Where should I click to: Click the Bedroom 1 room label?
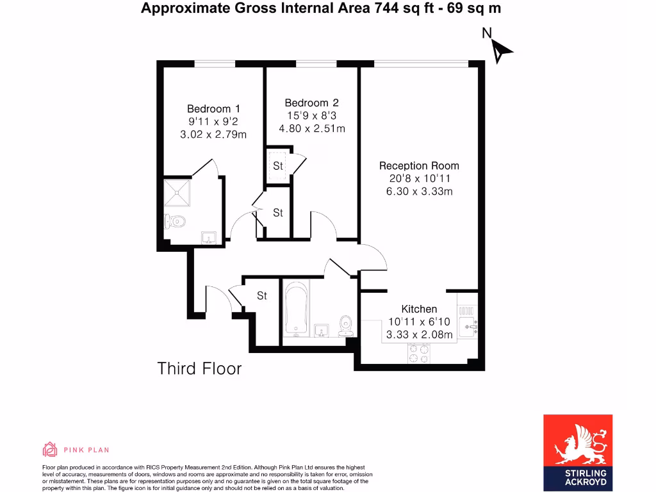click(213, 109)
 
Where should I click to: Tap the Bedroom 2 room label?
click(311, 103)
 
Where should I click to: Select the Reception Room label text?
click(419, 166)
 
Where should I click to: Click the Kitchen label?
click(419, 309)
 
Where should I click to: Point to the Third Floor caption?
click(200, 369)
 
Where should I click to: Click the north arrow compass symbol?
click(499, 49)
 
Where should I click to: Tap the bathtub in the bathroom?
click(297, 310)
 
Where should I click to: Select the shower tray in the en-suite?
click(177, 192)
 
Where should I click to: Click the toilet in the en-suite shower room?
click(175, 222)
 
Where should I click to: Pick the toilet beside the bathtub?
click(347, 325)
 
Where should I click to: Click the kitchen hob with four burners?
click(419, 353)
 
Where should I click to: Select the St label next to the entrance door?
click(262, 296)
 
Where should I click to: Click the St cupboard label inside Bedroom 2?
click(278, 166)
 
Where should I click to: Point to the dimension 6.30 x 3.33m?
click(419, 192)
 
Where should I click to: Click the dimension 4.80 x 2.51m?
click(311, 128)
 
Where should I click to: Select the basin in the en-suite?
click(208, 238)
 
